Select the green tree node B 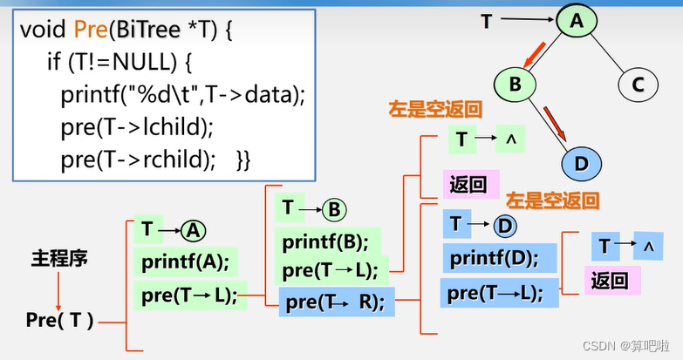pyautogui.click(x=514, y=85)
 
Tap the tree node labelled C pyautogui.click(x=638, y=85)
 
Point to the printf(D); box pyautogui.click(x=491, y=259)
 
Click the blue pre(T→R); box pyautogui.click(x=335, y=302)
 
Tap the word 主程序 pyautogui.click(x=59, y=259)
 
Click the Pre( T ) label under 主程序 pyautogui.click(x=59, y=320)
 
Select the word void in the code pyautogui.click(x=44, y=31)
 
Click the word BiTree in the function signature pyautogui.click(x=146, y=31)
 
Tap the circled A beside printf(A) pyautogui.click(x=194, y=230)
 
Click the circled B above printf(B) pyautogui.click(x=333, y=209)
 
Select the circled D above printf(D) pyautogui.click(x=505, y=227)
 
